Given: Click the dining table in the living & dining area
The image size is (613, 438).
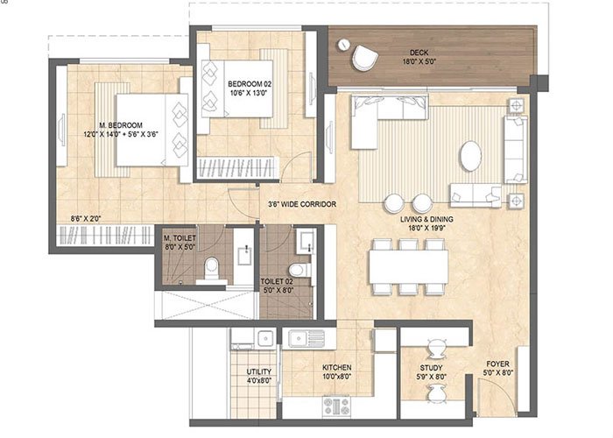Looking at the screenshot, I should click(x=408, y=266).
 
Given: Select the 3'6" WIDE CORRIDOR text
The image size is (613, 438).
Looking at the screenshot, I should click(x=302, y=205).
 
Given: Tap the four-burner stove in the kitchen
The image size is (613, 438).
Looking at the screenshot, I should click(x=337, y=405).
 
